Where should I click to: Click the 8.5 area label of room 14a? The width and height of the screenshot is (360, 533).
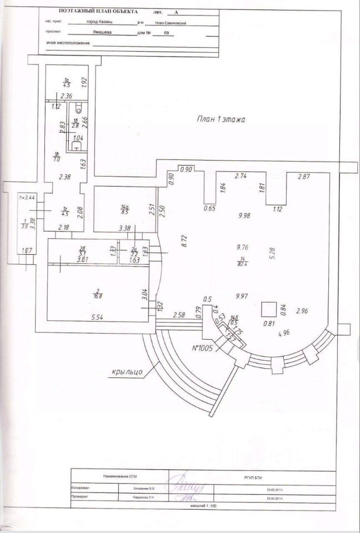pos(125,211)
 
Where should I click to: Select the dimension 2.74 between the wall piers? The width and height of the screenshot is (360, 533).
pos(241,176)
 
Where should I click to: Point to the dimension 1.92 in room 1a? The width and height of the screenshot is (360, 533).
pos(85,81)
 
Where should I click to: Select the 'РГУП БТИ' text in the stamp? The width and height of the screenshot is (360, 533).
pos(250,477)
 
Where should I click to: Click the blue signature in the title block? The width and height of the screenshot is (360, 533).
pos(192,485)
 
